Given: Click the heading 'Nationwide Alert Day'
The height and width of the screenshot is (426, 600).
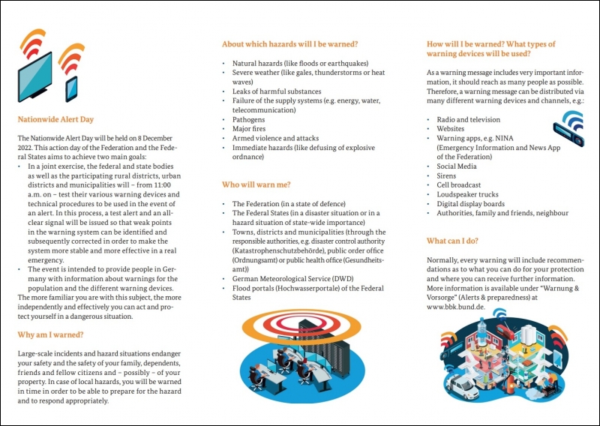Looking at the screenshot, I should click(55, 119).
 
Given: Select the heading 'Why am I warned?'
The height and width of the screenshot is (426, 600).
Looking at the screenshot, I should click(50, 334).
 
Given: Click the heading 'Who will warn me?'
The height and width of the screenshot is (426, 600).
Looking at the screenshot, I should click(256, 184).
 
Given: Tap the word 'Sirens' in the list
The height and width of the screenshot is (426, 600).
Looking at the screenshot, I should click(446, 175).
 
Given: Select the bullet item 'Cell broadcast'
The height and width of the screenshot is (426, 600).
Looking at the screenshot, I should click(459, 184).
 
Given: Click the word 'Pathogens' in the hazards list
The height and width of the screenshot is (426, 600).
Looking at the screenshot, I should click(248, 119).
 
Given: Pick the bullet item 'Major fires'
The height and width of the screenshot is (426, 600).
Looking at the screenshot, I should click(250, 129).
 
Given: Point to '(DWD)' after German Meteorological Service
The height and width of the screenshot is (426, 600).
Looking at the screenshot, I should click(342, 278).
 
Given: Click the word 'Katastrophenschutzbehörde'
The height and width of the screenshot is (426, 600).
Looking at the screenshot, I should click(277, 250).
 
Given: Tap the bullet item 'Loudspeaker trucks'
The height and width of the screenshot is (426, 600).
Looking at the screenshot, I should click(467, 194).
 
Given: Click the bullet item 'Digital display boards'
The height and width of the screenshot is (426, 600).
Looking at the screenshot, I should click(470, 203).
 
